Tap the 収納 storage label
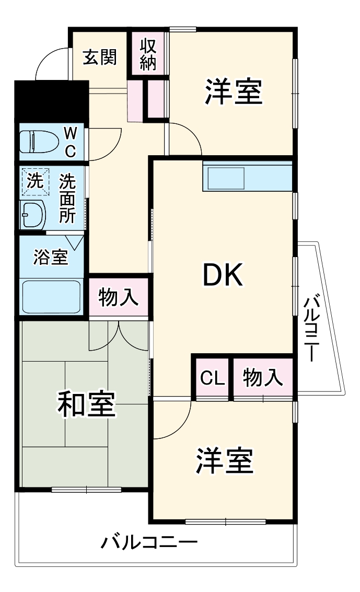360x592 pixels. coord(148,55)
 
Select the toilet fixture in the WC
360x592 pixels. coord(38,141)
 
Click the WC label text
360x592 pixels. coord(70,142)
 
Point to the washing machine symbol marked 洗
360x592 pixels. coord(34,181)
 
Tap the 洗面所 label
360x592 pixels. coord(66,198)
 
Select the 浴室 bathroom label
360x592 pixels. coord(50,257)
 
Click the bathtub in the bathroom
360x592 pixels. coord(51,296)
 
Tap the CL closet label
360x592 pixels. coord(212,378)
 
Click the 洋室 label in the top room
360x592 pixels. coord(233,92)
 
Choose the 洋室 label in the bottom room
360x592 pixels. coord(225,460)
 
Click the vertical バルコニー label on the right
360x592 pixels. coord(312,329)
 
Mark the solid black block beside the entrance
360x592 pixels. coord(51,101)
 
